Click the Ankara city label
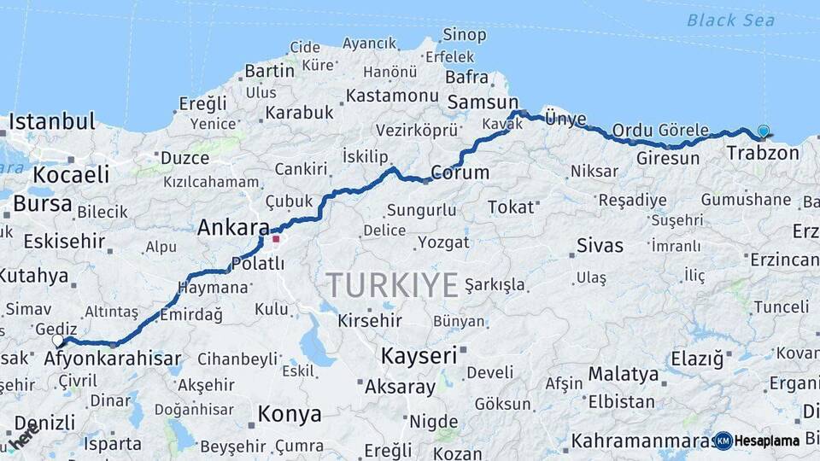point(232,228)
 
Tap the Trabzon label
point(763,154)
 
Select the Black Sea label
point(730,20)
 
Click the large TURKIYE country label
point(392,285)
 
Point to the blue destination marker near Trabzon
point(763,131)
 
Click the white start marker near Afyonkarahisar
point(58,341)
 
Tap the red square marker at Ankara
point(276,239)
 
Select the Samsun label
point(483,102)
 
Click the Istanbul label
point(51,121)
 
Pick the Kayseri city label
point(419,355)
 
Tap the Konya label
point(290,415)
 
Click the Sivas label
point(600,246)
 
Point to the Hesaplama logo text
point(766,441)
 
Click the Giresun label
point(668,159)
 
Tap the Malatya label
point(624,374)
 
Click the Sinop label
point(465,36)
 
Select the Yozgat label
point(444,242)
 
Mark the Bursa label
point(43,204)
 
